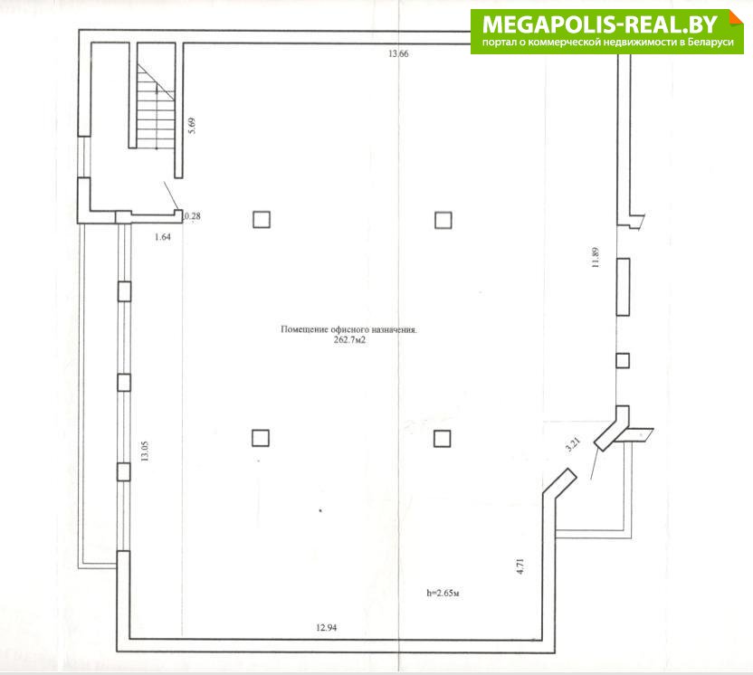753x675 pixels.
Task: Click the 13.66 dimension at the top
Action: (x=398, y=53)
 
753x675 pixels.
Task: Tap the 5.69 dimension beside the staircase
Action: (x=192, y=126)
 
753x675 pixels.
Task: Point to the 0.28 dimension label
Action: (x=193, y=216)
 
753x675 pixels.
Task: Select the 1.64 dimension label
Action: (x=163, y=237)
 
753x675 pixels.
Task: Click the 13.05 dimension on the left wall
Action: (x=145, y=452)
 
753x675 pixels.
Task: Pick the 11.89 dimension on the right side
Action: (x=596, y=257)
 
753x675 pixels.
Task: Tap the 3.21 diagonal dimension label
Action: (x=573, y=444)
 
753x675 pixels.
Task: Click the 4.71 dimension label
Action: (x=520, y=566)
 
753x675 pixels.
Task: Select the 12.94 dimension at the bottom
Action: (x=326, y=627)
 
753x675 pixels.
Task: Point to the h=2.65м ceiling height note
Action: (x=443, y=594)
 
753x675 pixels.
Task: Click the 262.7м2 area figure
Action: (x=349, y=340)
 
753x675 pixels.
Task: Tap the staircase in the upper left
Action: (x=156, y=107)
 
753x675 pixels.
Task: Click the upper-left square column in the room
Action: (x=262, y=219)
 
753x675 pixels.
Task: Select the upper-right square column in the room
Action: (x=443, y=221)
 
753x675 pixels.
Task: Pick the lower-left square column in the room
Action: (x=261, y=438)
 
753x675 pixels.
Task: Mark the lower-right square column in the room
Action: (x=442, y=438)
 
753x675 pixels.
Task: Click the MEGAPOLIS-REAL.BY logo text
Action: (x=600, y=24)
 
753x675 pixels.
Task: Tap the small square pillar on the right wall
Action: (x=623, y=360)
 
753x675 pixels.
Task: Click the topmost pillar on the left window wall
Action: (x=124, y=291)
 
